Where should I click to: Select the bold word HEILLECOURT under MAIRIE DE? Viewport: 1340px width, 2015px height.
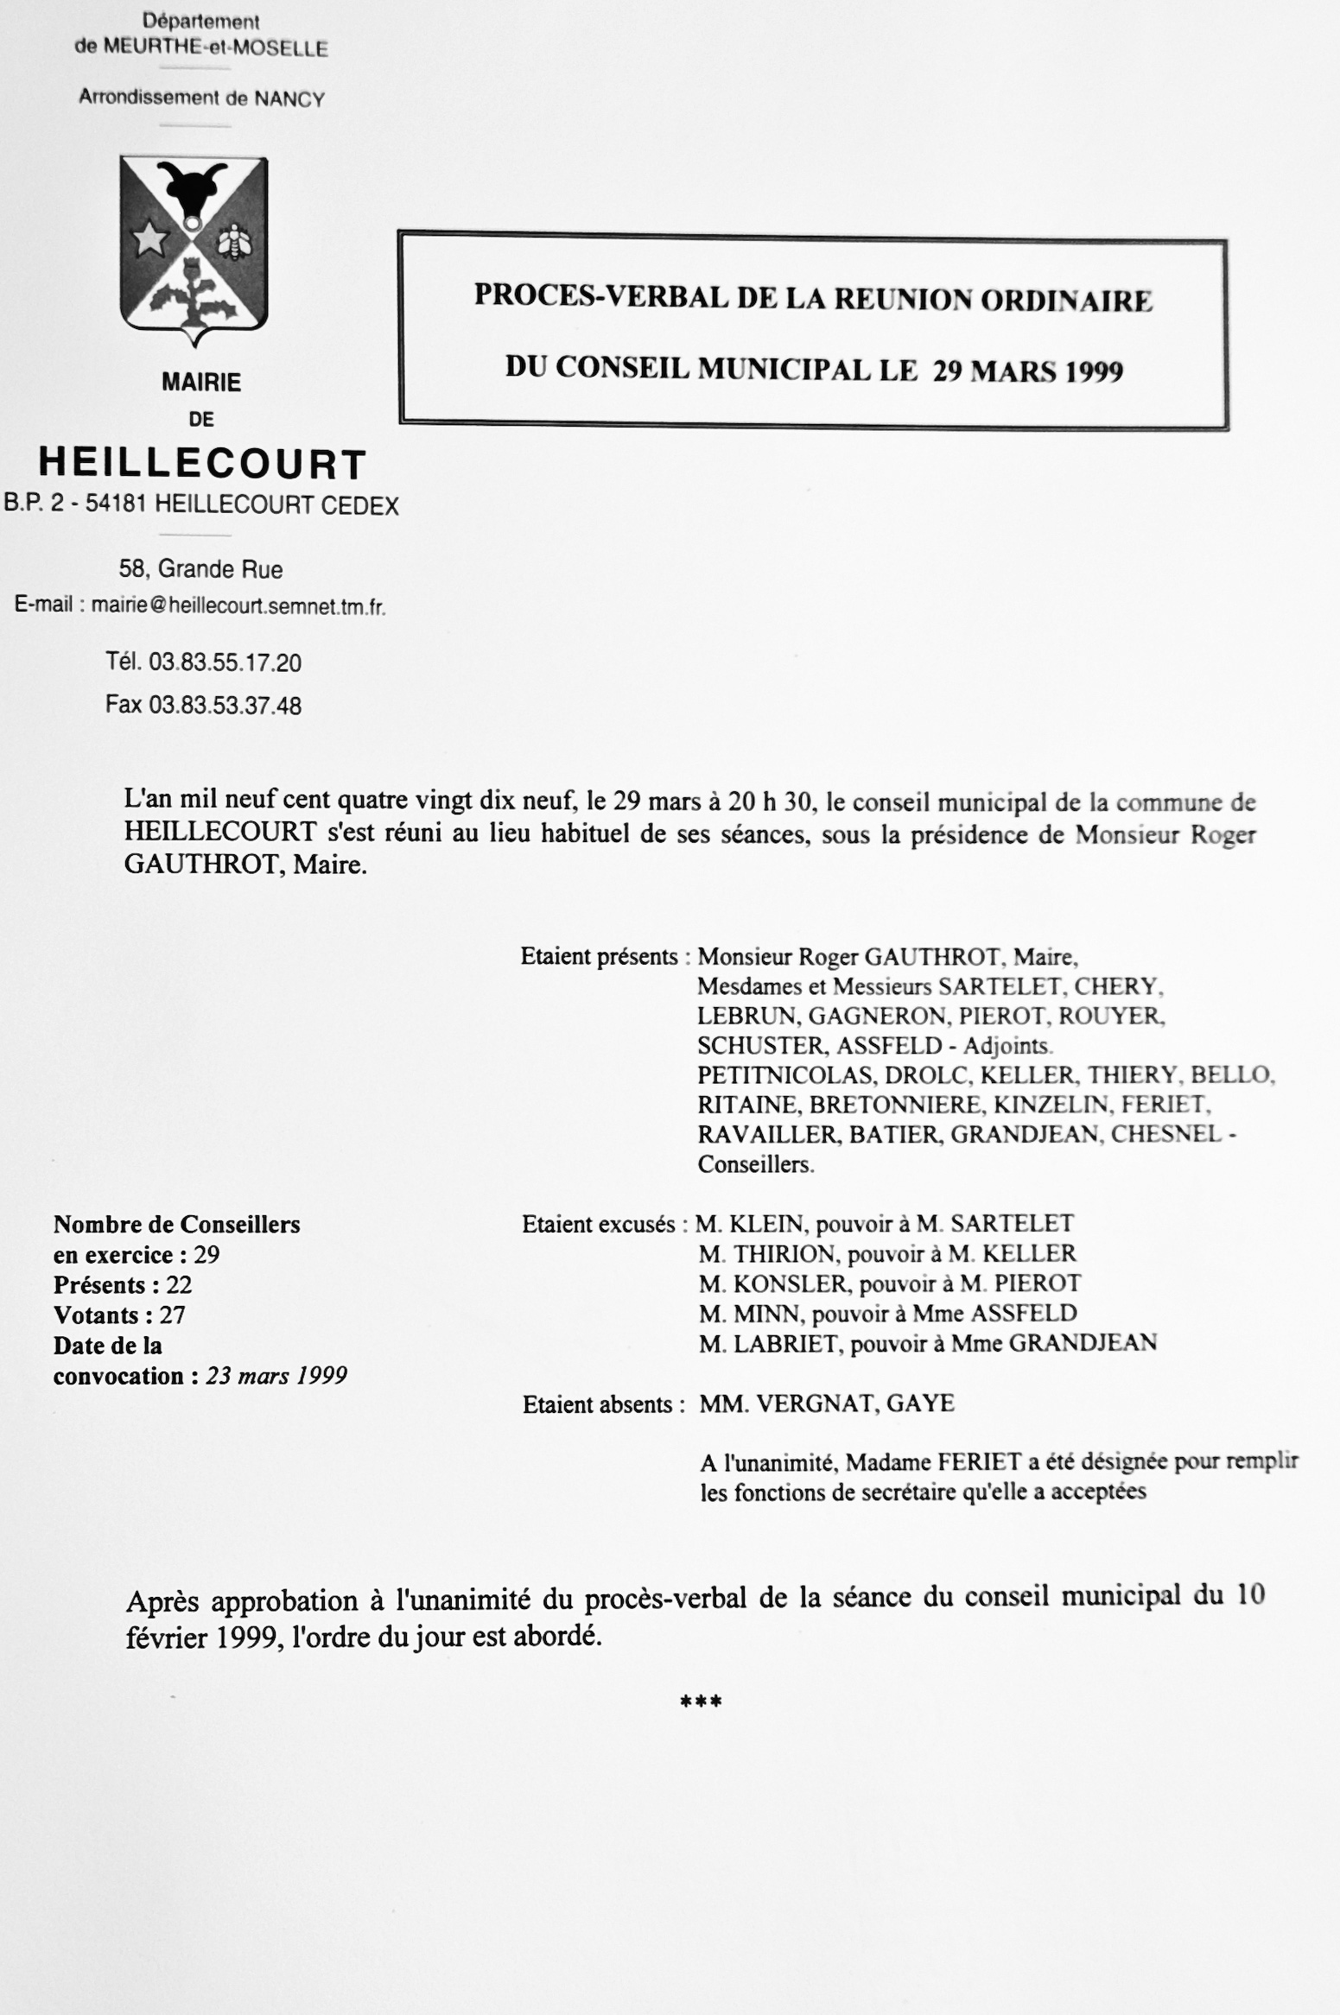pyautogui.click(x=203, y=464)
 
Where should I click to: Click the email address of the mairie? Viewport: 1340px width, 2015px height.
pyautogui.click(x=238, y=606)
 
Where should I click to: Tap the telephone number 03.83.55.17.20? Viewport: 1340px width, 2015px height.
pyautogui.click(x=225, y=662)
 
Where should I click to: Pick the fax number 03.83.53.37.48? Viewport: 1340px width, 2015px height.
pyautogui.click(x=225, y=706)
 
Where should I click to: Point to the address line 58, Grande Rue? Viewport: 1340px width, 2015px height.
pyautogui.click(x=201, y=569)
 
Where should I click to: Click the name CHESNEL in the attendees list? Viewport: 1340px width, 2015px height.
pyautogui.click(x=1166, y=1134)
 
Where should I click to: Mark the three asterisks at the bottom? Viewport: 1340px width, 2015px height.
pyautogui.click(x=701, y=1702)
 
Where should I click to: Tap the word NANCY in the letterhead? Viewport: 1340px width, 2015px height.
pyautogui.click(x=289, y=99)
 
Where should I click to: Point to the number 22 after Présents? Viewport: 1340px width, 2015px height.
pyautogui.click(x=179, y=1284)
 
